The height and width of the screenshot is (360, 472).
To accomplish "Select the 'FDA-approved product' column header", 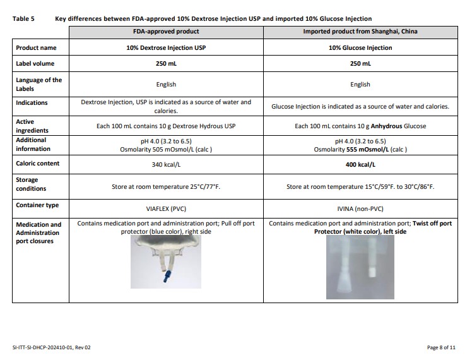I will point(166,31).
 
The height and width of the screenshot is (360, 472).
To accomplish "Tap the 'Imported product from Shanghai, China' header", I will point(360,31).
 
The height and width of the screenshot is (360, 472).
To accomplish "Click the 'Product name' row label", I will point(35,47).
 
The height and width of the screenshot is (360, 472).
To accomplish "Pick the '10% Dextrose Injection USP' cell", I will point(166,47).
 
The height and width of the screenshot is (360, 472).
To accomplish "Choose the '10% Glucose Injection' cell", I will point(360,47).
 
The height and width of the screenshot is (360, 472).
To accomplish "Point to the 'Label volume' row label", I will point(35,63).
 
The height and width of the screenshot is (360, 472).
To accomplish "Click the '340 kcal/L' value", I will point(166,164).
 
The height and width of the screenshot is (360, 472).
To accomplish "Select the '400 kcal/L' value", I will point(360,164).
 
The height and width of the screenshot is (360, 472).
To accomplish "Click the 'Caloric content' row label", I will point(37,163).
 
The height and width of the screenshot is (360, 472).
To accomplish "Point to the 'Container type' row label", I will point(37,205).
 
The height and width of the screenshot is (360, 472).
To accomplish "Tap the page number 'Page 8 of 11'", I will point(441,347).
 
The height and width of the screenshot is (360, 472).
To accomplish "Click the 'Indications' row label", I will point(32,102).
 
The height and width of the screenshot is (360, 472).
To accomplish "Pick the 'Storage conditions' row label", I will point(31,184).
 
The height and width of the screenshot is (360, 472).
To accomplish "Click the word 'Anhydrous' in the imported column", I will point(378,126).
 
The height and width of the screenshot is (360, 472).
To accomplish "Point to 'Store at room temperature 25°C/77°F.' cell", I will point(166,188).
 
